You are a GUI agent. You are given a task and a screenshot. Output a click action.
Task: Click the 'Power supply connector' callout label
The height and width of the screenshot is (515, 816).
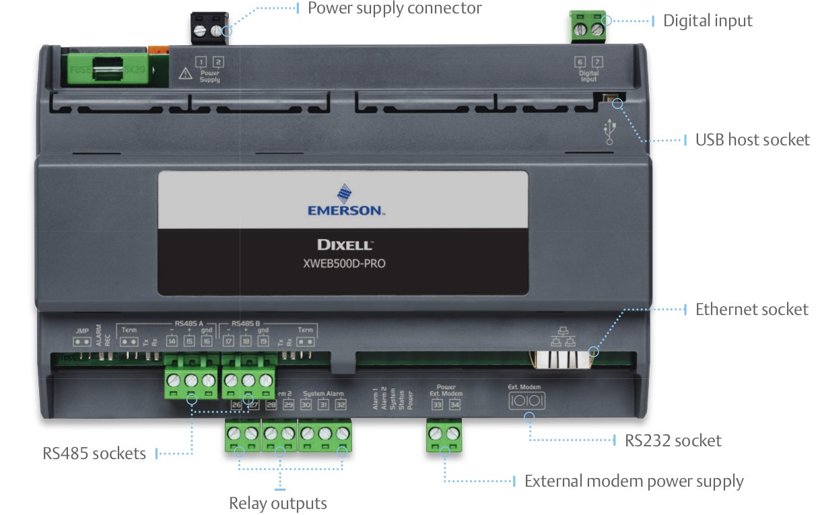(x=395, y=9)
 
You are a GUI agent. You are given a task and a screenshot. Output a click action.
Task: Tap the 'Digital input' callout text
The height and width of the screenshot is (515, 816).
(x=708, y=21)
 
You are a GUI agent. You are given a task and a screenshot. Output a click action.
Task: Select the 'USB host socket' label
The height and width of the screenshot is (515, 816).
(x=752, y=140)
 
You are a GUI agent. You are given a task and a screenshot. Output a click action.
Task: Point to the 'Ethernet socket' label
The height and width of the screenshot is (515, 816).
(x=751, y=310)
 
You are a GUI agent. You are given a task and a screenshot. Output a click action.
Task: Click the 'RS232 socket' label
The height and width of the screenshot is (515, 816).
(x=673, y=441)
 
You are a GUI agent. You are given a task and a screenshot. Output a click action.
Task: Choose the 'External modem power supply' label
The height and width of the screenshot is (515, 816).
(x=634, y=482)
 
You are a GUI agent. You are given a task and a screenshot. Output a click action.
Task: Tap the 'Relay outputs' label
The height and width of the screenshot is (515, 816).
(x=278, y=504)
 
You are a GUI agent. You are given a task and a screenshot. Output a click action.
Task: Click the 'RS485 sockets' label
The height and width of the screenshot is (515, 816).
(x=94, y=453)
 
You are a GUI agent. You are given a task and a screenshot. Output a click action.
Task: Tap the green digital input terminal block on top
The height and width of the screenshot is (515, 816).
(x=587, y=26)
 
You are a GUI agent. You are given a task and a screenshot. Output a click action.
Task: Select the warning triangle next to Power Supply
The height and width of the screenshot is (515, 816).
(x=186, y=73)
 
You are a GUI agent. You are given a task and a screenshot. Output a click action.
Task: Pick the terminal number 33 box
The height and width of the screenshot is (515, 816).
(x=437, y=405)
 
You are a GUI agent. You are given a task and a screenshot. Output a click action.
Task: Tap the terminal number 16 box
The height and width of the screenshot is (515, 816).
(x=206, y=341)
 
